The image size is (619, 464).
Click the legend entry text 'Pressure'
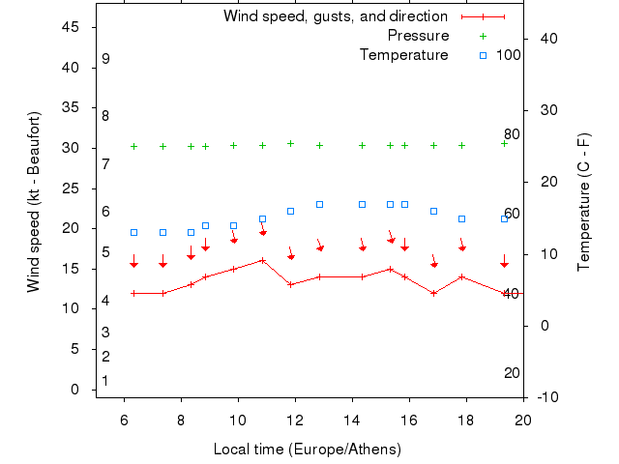[418, 36]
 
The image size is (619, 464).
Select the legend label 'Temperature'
[403, 55]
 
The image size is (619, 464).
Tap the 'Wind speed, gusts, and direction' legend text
[335, 16]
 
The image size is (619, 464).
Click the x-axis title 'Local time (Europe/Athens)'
[308, 449]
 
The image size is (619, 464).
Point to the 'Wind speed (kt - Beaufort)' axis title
[34, 202]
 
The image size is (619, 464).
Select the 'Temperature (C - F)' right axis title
[583, 202]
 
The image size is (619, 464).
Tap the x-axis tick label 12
[295, 419]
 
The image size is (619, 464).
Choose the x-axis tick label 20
[523, 419]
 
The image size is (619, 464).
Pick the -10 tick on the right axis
[545, 397]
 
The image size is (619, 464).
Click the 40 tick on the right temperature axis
[544, 38]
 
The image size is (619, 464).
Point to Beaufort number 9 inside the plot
[105, 59]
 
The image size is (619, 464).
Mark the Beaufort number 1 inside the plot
[105, 381]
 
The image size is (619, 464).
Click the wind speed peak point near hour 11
[262, 260]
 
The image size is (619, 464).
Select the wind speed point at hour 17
[433, 293]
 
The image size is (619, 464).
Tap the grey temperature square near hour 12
[290, 211]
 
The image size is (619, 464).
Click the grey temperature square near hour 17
[433, 211]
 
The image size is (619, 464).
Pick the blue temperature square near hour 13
[319, 204]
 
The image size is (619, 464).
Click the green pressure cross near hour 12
[290, 143]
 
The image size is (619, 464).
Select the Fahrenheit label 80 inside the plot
[512, 134]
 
